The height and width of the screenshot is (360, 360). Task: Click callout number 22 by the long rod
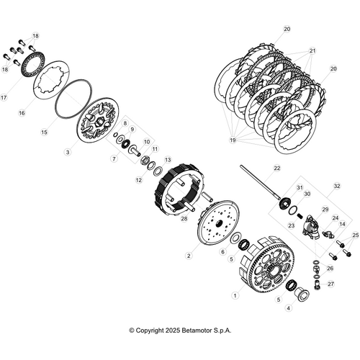click(x=276, y=168)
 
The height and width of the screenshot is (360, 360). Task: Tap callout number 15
click(x=44, y=132)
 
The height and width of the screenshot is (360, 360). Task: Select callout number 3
click(x=67, y=152)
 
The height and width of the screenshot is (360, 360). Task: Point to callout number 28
click(x=184, y=218)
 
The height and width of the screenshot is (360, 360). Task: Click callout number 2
click(x=189, y=255)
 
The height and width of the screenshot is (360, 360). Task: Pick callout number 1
click(x=235, y=294)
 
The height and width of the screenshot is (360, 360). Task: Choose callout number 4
click(x=288, y=307)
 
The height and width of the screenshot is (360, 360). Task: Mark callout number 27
click(x=331, y=284)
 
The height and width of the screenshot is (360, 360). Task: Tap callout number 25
click(x=355, y=235)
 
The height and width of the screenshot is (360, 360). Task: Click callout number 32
click(x=336, y=185)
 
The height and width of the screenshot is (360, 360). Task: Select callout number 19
click(x=232, y=140)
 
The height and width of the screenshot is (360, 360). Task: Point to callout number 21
click(x=312, y=51)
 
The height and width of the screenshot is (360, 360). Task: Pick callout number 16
click(x=21, y=113)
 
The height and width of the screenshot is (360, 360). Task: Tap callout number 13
click(x=168, y=160)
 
